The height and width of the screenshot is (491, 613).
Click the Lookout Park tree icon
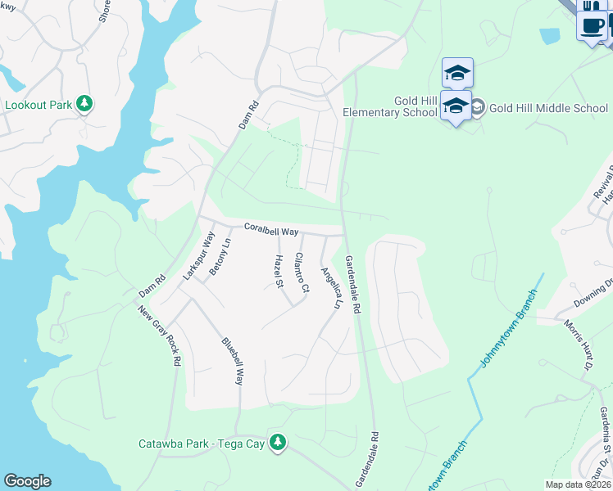[84, 104]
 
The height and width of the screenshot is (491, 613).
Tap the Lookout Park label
[39, 105]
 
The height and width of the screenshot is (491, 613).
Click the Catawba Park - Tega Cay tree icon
[279, 443]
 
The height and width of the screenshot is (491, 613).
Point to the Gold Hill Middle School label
[549, 107]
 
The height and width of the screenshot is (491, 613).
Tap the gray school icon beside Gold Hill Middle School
[478, 107]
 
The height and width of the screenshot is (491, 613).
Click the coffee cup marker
[592, 25]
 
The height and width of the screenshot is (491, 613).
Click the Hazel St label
[279, 272]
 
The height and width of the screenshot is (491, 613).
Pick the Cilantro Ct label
[302, 273]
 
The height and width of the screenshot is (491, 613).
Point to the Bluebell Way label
[233, 360]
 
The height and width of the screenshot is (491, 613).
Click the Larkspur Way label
[193, 256]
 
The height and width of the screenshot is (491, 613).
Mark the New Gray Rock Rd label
[159, 336]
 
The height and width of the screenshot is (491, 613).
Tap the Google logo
[27, 481]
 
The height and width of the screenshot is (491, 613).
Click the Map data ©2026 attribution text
[579, 484]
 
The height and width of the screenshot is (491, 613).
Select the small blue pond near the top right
[550, 36]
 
